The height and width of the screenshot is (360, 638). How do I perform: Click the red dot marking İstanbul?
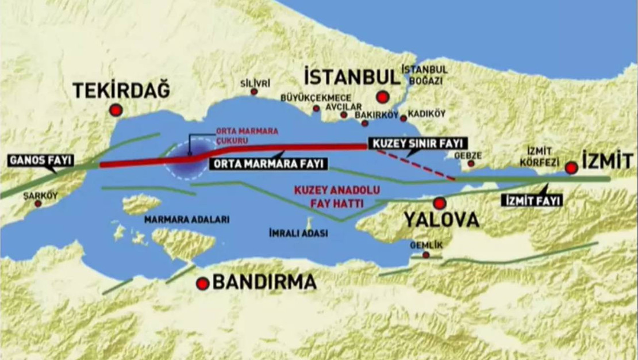[382, 97]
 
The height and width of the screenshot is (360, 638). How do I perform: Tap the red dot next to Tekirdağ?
[117, 110]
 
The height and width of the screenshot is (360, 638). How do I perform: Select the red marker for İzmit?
[571, 168]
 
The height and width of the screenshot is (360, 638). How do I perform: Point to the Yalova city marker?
[440, 203]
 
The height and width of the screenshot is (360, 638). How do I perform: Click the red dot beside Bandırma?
[202, 283]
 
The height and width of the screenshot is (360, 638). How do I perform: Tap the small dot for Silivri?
[253, 92]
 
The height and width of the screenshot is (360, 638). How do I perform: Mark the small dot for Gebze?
[471, 164]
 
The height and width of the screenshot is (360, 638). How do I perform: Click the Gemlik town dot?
[426, 254]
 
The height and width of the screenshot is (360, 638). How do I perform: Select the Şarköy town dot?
[38, 204]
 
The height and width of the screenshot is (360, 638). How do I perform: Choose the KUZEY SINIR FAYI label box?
[417, 143]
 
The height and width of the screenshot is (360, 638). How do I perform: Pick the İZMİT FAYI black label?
[532, 201]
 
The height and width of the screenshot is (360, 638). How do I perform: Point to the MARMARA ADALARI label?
[187, 220]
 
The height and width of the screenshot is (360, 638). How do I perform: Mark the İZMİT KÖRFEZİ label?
[539, 156]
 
